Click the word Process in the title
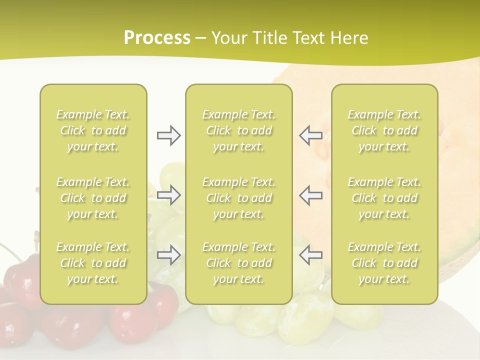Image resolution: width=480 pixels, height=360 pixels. (x=157, y=38)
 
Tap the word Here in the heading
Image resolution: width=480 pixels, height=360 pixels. (x=349, y=38)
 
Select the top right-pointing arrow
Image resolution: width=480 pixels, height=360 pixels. (x=168, y=135)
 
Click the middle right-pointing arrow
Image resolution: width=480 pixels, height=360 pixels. (x=168, y=195)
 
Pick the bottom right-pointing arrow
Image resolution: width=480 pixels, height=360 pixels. (x=168, y=255)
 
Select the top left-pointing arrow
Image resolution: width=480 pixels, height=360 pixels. (x=310, y=135)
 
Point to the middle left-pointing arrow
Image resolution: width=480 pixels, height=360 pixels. (x=310, y=195)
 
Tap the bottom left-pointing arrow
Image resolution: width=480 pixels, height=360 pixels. (x=310, y=255)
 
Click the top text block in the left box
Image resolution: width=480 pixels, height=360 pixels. (x=93, y=130)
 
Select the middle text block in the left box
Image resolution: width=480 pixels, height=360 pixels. (x=93, y=198)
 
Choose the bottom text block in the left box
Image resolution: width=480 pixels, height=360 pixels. (x=93, y=263)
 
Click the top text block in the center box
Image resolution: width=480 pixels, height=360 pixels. (x=238, y=130)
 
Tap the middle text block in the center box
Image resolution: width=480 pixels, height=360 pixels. (x=238, y=198)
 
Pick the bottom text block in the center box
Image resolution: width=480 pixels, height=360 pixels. (x=238, y=263)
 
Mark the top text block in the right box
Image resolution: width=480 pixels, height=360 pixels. (x=384, y=130)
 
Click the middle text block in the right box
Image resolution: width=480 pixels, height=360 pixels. (x=384, y=198)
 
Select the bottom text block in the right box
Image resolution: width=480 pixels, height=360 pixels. (x=384, y=263)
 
